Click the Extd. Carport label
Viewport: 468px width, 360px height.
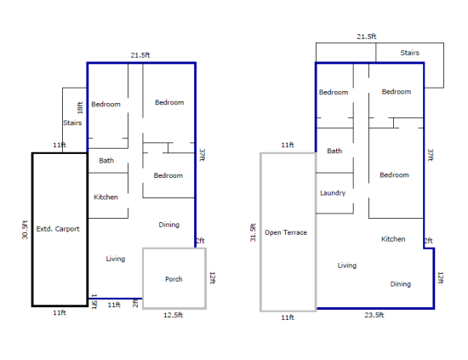coord(58,229)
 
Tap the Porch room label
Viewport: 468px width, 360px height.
coord(174,279)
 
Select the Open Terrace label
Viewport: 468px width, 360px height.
coord(286,232)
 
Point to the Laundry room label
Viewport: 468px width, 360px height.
coord(333,193)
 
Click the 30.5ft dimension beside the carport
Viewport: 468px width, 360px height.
coord(25,230)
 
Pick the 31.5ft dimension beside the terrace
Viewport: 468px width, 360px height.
coord(253,232)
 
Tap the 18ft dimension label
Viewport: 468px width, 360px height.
coord(80,108)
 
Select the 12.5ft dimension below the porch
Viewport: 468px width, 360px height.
coord(173,315)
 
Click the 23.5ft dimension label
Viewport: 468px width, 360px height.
coord(374,315)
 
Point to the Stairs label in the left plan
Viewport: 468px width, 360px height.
coord(72,123)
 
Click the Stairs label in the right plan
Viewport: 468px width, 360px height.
coord(410,53)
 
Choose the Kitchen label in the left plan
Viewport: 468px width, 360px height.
coord(106,197)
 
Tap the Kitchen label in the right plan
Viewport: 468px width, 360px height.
coord(393,239)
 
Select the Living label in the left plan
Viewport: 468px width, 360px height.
coord(116,259)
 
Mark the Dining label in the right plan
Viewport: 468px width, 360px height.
coord(401,284)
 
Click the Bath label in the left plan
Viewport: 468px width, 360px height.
coord(106,161)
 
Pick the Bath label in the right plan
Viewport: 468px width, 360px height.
coord(334,151)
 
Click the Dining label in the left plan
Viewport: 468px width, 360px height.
coord(169,225)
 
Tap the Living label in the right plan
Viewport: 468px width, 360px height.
coord(347,266)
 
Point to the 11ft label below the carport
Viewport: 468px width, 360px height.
coord(60,313)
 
